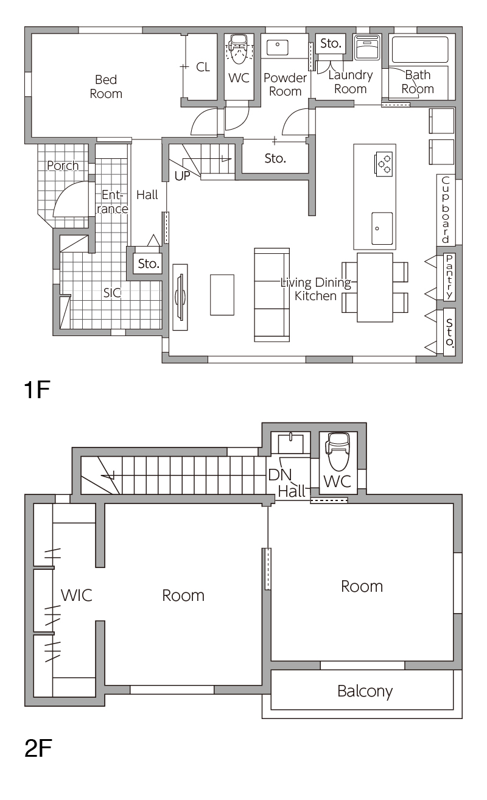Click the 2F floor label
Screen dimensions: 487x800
click(x=38, y=748)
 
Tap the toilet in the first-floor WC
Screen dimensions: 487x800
click(x=238, y=49)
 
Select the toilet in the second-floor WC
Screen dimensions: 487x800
click(x=338, y=451)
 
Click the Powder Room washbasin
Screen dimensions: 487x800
click(x=277, y=48)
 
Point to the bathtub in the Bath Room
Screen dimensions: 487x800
click(x=420, y=50)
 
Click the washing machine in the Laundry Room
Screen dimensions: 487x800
click(x=366, y=47)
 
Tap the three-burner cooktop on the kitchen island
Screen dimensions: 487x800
click(x=384, y=164)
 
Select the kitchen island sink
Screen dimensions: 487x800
click(x=382, y=228)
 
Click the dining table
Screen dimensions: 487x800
click(x=375, y=287)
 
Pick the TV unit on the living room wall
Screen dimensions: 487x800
click(x=180, y=297)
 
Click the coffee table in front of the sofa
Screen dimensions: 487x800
click(x=222, y=295)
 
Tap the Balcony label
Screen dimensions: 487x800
click(x=365, y=691)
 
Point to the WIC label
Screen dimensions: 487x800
click(x=77, y=595)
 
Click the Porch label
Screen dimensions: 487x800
click(x=63, y=166)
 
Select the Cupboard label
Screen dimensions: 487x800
click(x=446, y=209)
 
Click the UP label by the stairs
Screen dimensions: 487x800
click(x=182, y=176)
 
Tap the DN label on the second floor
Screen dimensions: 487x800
click(x=280, y=475)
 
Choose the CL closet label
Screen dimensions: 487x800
click(x=203, y=67)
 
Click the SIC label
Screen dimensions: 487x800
click(x=112, y=293)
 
